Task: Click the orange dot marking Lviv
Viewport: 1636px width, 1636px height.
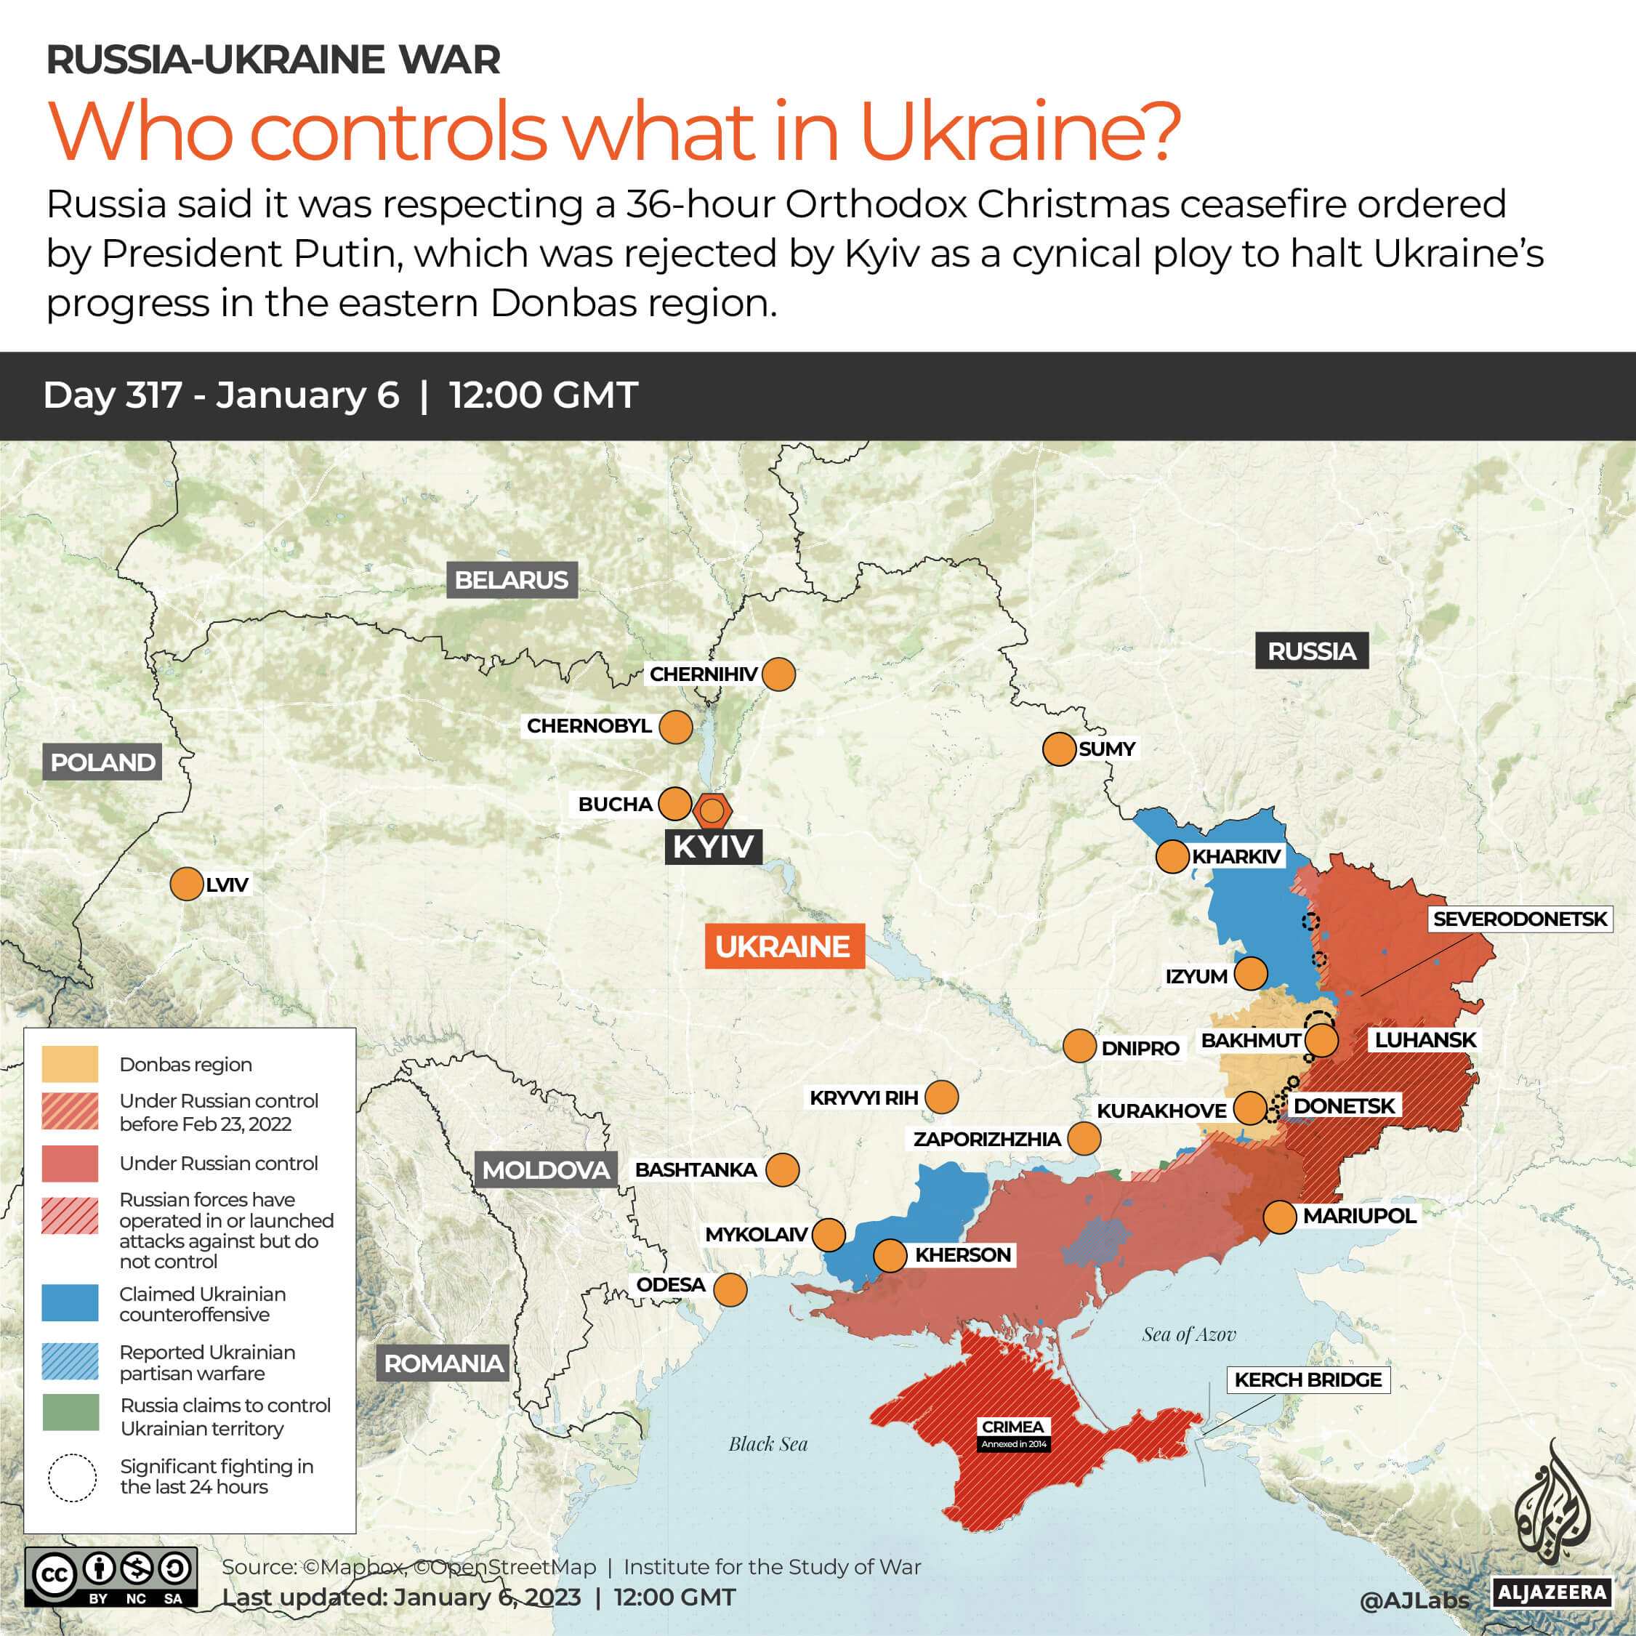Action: [x=186, y=884]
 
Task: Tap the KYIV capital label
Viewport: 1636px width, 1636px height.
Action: [x=713, y=846]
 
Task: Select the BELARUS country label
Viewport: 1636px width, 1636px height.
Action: [x=512, y=580]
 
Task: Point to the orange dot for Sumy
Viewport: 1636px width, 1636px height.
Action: [x=1058, y=749]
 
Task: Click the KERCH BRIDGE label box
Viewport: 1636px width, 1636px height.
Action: [x=1307, y=1380]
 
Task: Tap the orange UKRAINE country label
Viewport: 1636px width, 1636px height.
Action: [x=783, y=946]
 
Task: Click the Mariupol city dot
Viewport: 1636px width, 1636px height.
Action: [x=1279, y=1217]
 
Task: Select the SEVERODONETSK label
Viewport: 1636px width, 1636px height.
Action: [x=1519, y=919]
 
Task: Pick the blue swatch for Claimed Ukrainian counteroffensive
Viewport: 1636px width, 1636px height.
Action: [x=70, y=1303]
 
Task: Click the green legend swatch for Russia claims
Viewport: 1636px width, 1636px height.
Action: [x=70, y=1412]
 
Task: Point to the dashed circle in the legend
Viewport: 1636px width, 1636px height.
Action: [x=72, y=1478]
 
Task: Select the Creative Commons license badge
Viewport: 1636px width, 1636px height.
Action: [x=111, y=1576]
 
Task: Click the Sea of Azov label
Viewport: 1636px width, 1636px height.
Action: [x=1188, y=1335]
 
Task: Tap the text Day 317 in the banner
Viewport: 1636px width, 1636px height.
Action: [x=113, y=395]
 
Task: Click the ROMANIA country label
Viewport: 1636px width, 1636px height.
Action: [x=443, y=1363]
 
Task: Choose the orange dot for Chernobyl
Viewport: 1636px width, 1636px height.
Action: [x=675, y=727]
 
